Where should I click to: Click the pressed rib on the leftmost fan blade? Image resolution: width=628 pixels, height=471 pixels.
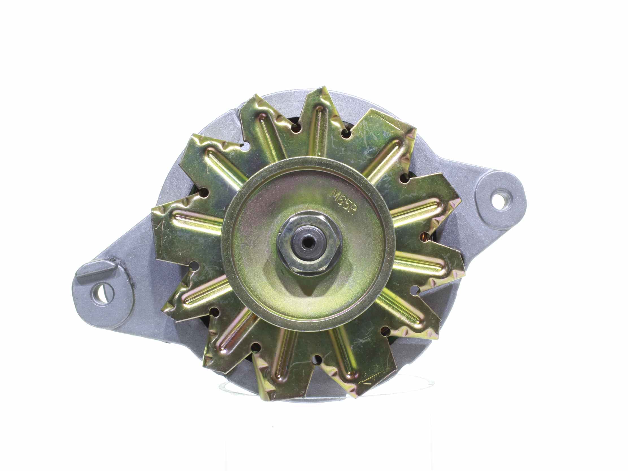(x=196, y=219)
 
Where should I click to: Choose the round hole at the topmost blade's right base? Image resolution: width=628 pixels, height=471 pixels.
(x=346, y=133)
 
